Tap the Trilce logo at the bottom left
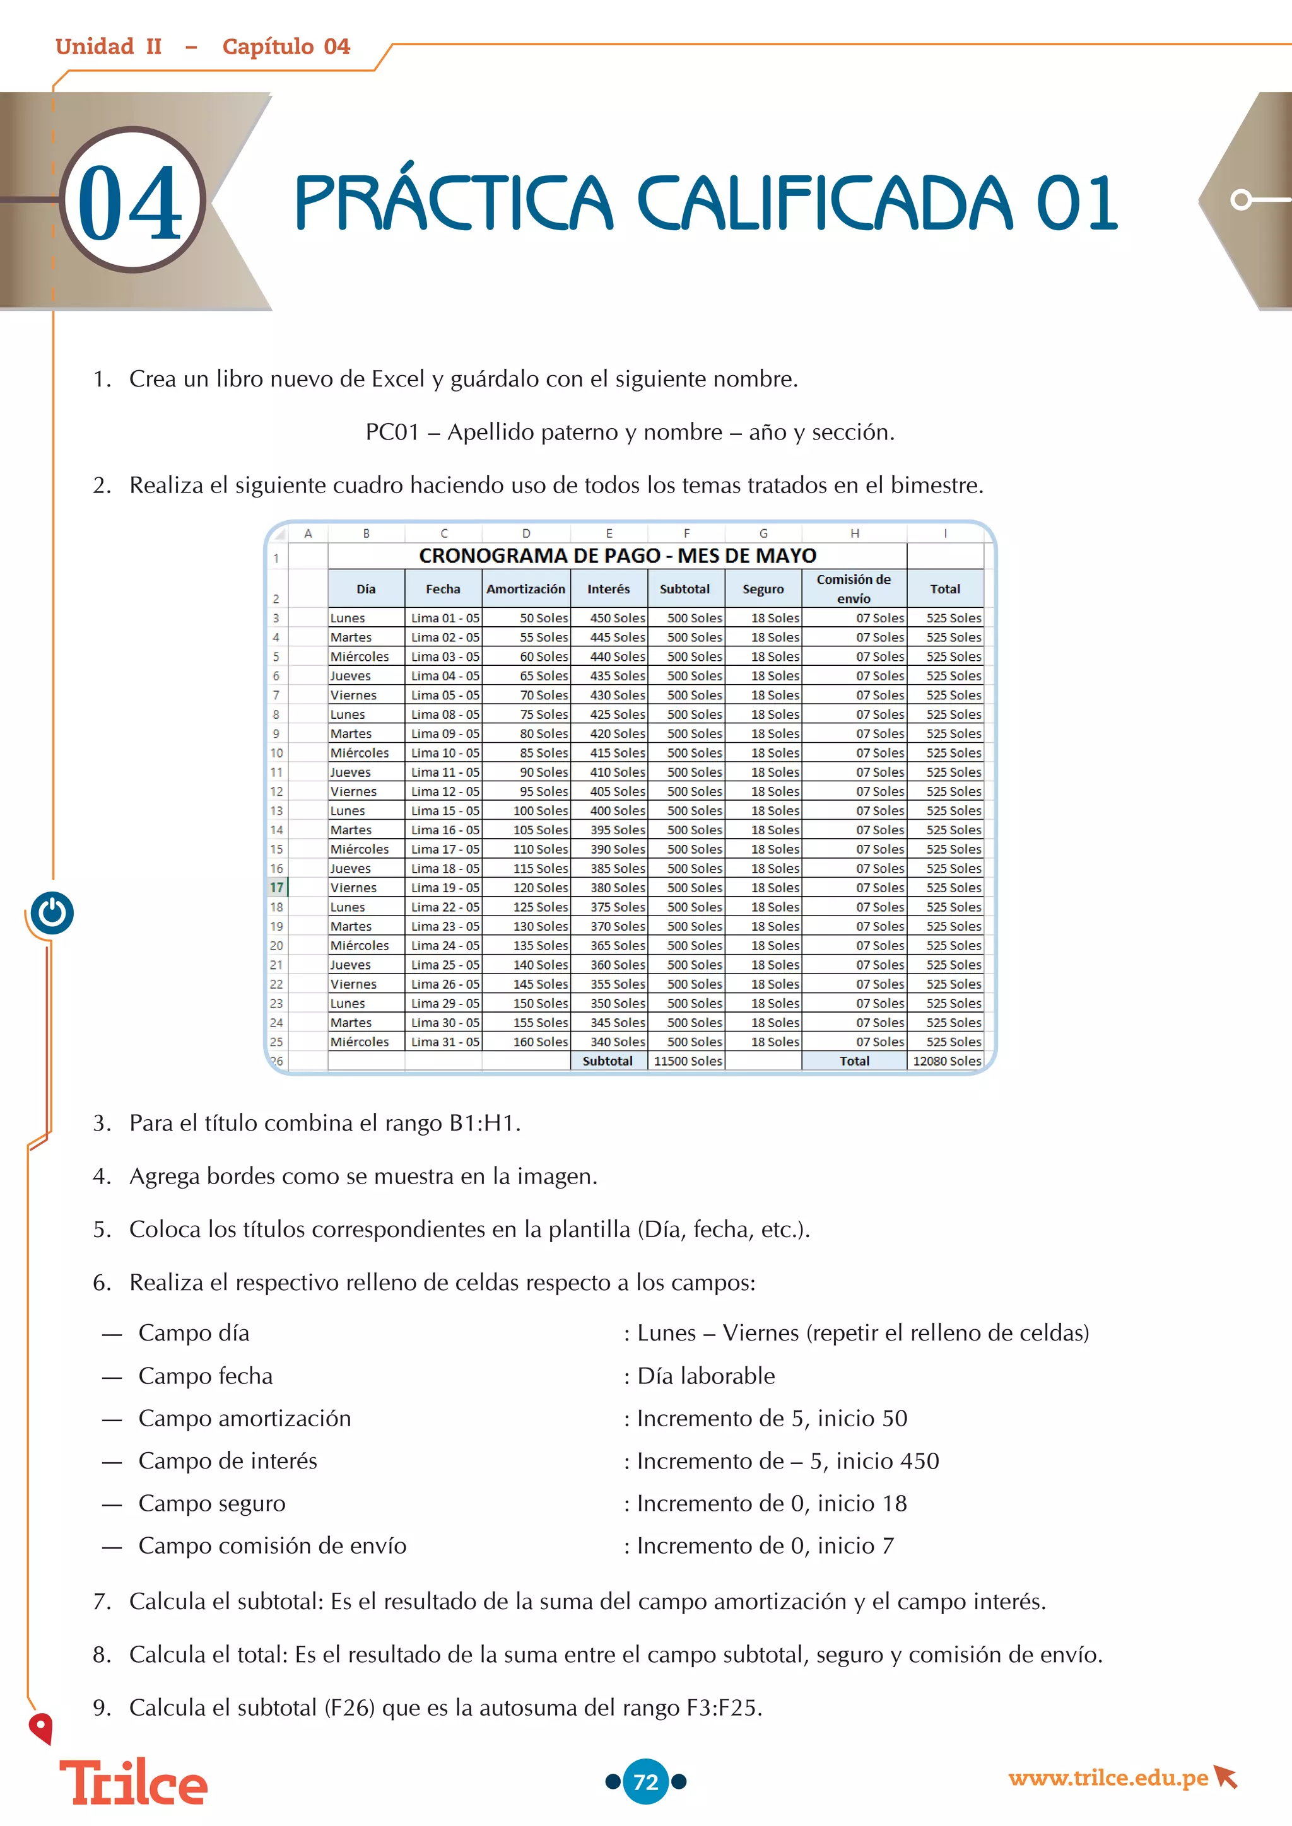tap(134, 1783)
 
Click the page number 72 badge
tap(645, 1781)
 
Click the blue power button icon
tap(52, 913)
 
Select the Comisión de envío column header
tap(854, 588)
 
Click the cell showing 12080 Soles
tap(946, 1061)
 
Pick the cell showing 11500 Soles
tap(688, 1061)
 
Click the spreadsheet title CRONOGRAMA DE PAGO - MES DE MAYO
tap(618, 555)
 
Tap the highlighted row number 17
tap(276, 888)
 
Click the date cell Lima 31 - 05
tap(444, 1042)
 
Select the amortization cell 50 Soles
tap(543, 618)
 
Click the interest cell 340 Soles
tap(618, 1042)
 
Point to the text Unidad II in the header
tap(109, 46)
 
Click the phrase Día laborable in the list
tap(706, 1376)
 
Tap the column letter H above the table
tap(854, 533)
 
